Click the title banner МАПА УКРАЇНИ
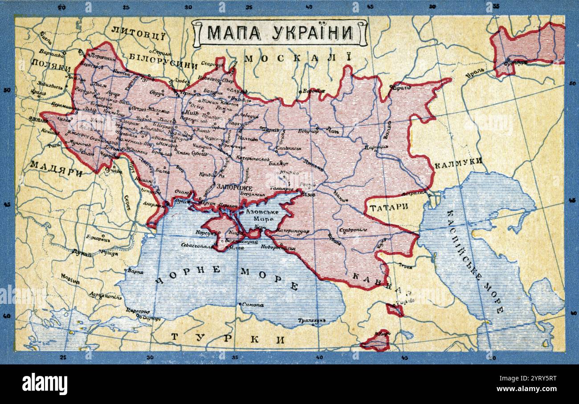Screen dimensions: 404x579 pos(280,32)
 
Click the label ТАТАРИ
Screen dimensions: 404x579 pos(389,206)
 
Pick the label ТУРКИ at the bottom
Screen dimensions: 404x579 pos(228,339)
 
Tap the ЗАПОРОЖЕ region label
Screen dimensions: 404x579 pos(234,188)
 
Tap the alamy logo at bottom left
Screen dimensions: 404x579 pos(45,384)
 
